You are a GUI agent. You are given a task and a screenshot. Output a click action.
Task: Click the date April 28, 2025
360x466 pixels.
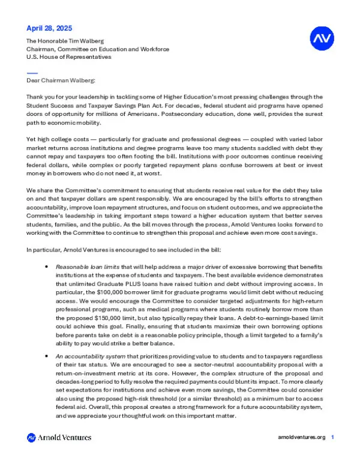coord(50,28)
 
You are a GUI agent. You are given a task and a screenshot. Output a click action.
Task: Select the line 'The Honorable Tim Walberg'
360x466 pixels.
coord(66,40)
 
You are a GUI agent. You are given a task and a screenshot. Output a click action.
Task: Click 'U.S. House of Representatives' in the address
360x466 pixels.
coord(69,57)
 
